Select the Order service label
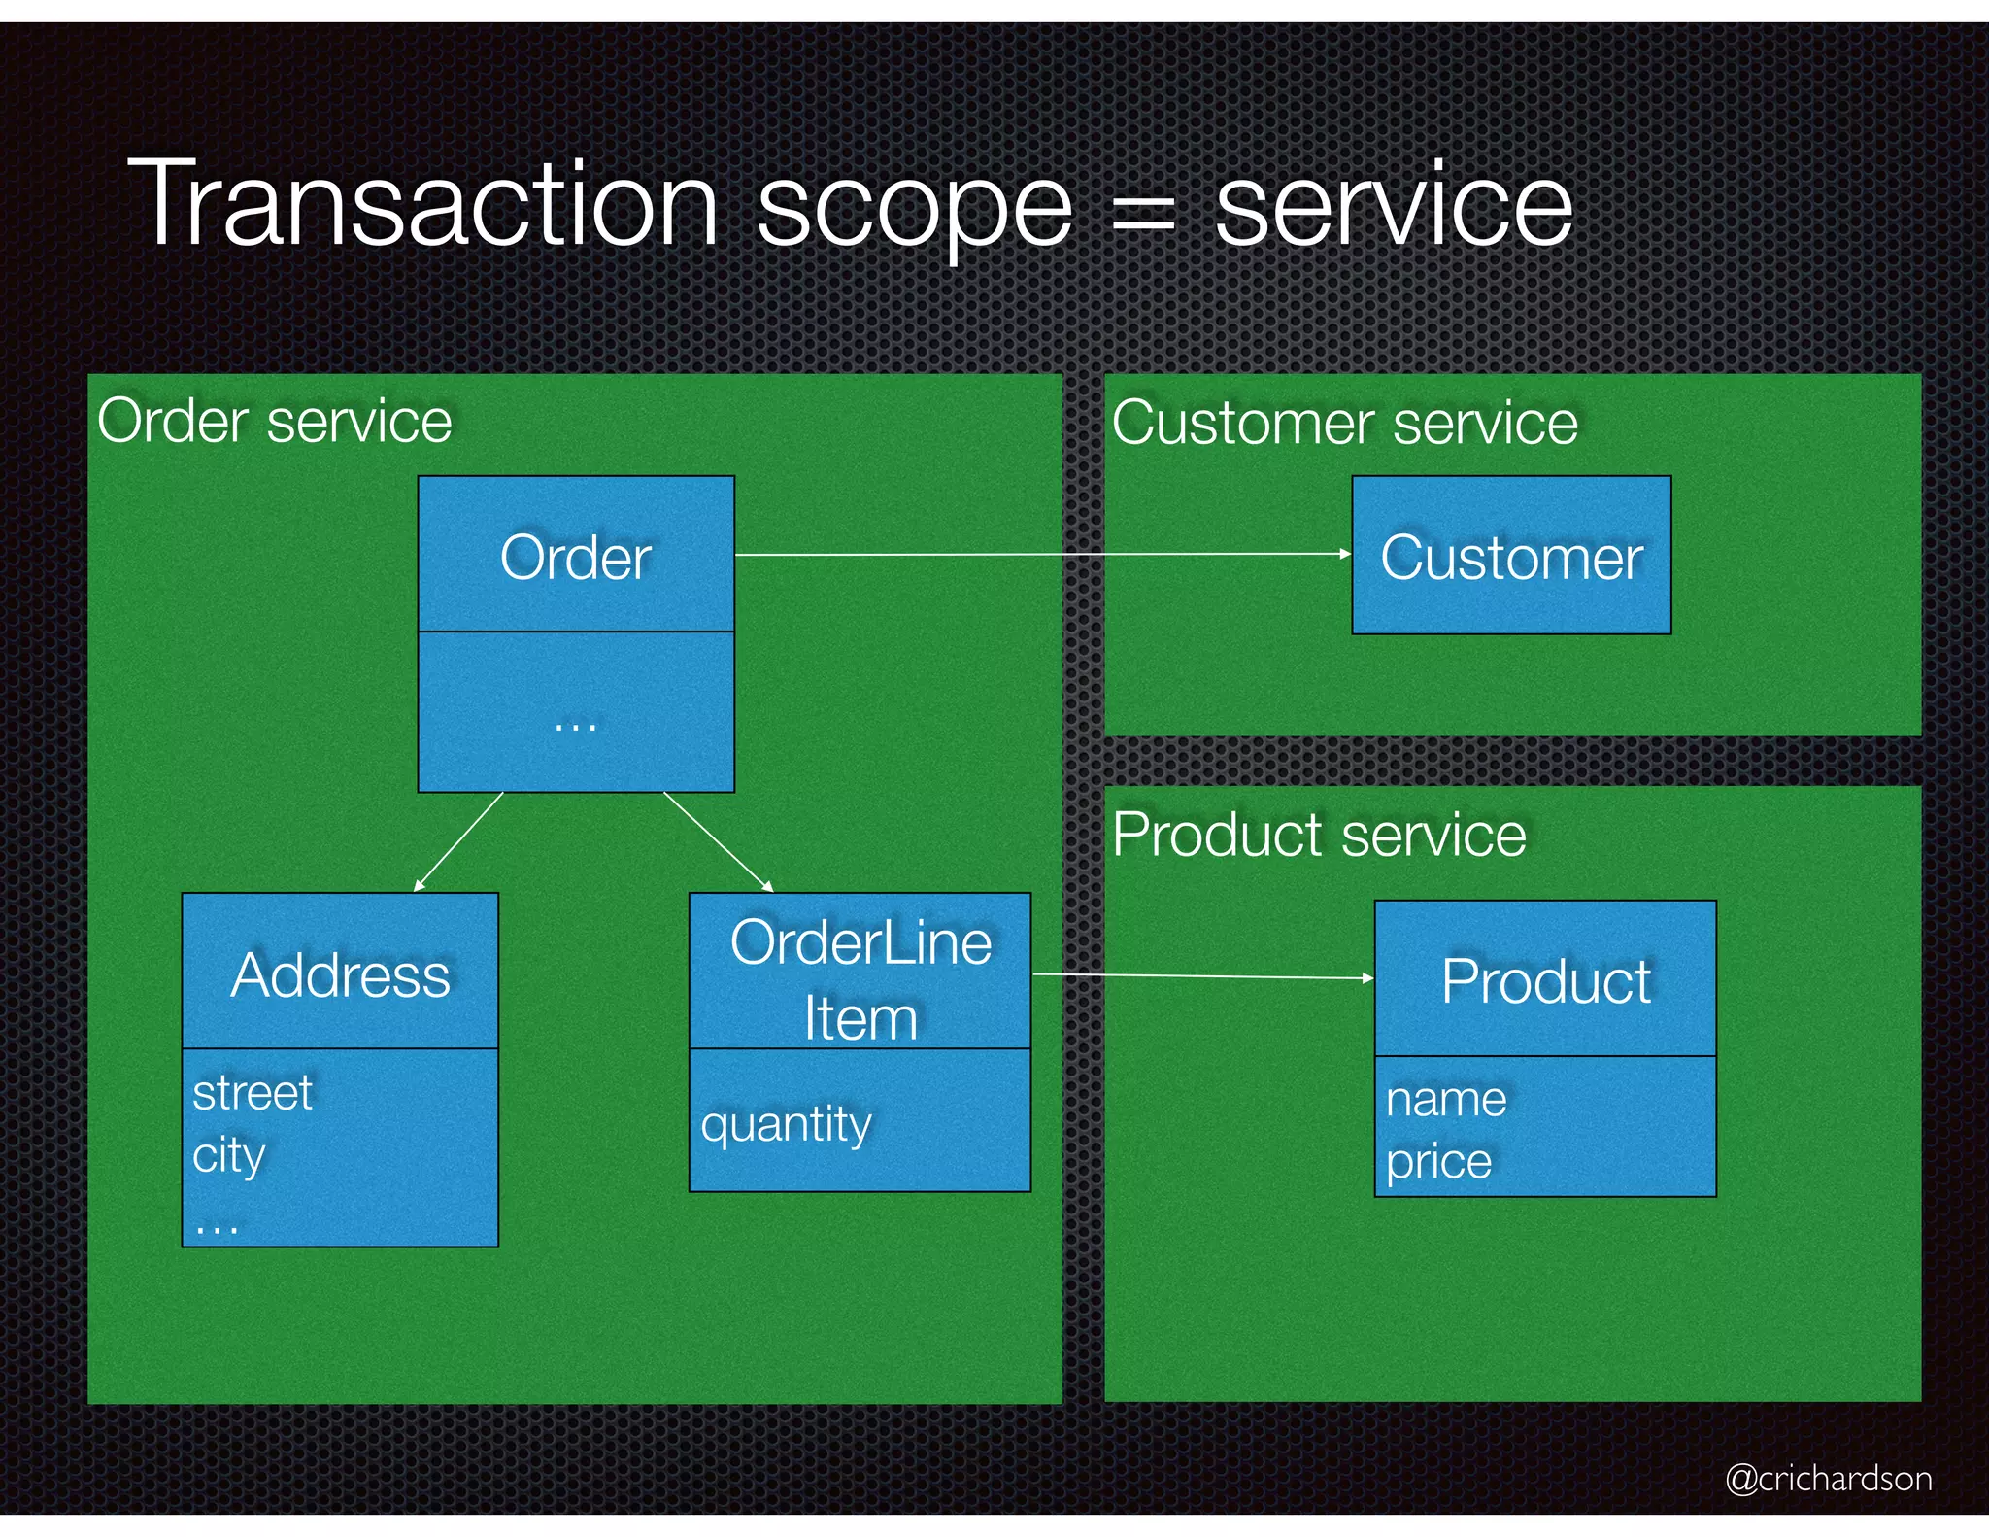pyautogui.click(x=275, y=422)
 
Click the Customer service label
pyautogui.click(x=1344, y=424)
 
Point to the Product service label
pyautogui.click(x=1319, y=835)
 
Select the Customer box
pyautogui.click(x=1511, y=557)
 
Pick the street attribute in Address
pyautogui.click(x=253, y=1093)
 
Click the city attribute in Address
pyautogui.click(x=229, y=1155)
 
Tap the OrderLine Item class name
pyautogui.click(x=860, y=979)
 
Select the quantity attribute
pyautogui.click(x=786, y=1125)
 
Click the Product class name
pyautogui.click(x=1545, y=980)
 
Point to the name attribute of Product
pyautogui.click(x=1446, y=1100)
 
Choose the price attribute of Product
pyautogui.click(x=1438, y=1161)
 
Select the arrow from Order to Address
pyautogui.click(x=458, y=841)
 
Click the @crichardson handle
pyautogui.click(x=1828, y=1478)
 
